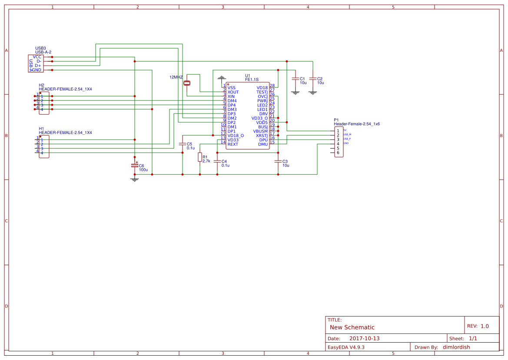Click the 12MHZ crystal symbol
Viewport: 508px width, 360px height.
187,83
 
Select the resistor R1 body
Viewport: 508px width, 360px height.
200,157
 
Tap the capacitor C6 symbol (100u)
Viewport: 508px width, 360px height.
135,166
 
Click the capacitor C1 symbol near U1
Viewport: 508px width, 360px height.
296,79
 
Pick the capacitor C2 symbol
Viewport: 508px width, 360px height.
313,79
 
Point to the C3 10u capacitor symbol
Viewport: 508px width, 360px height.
278,161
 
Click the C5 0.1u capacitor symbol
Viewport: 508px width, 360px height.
183,143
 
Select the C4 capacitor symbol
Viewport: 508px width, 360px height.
217,161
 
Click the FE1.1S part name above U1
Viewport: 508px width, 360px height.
252,80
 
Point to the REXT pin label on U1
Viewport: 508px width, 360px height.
233,144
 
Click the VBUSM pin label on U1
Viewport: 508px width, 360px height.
260,131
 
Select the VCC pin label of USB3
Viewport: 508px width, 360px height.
37,57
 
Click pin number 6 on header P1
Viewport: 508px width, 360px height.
338,153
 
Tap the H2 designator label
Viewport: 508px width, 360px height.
41,85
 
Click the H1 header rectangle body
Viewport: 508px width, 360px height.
44,147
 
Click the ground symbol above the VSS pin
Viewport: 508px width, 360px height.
222,78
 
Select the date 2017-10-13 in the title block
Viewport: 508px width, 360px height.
365,338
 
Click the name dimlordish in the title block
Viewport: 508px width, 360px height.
456,347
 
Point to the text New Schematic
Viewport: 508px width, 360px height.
352,327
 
